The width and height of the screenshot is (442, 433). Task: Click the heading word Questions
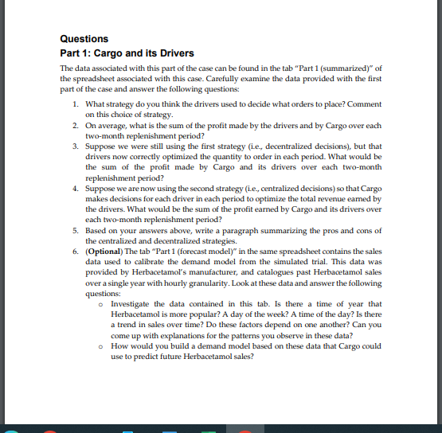pos(84,38)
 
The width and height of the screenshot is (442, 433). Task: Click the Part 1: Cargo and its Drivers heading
pos(127,53)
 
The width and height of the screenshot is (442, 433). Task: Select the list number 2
pos(73,126)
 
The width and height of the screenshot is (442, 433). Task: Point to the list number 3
pos(73,146)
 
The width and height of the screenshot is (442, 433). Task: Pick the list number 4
pos(73,188)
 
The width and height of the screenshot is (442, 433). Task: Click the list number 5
pos(73,229)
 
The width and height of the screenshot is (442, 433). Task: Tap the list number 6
pos(73,250)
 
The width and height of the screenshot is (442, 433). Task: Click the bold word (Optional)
pos(104,250)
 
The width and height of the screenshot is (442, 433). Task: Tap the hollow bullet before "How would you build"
pos(104,347)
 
